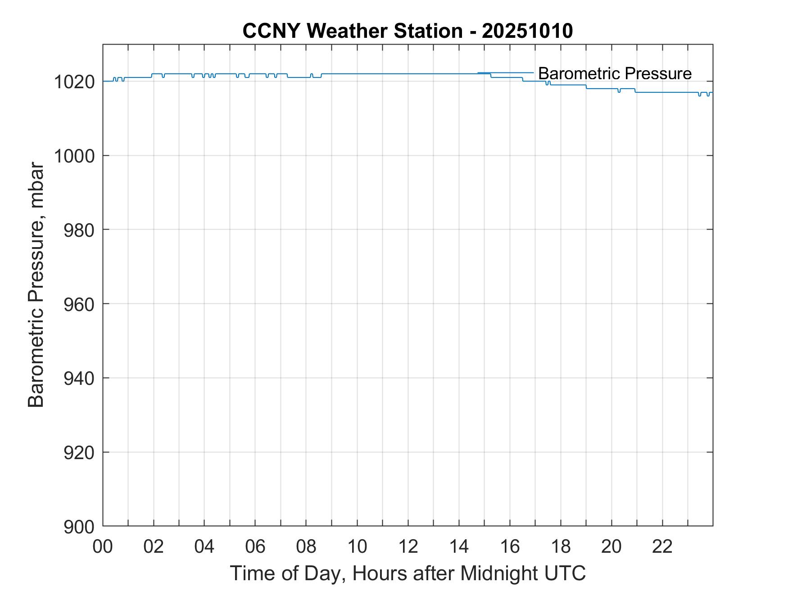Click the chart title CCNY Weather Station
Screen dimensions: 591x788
[x=352, y=31]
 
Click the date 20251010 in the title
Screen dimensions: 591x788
[x=527, y=31]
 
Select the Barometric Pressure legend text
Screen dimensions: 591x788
[x=615, y=73]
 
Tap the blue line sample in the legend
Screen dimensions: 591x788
[x=505, y=73]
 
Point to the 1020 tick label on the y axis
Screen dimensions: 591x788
[x=74, y=82]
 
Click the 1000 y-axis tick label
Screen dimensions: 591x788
[x=74, y=156]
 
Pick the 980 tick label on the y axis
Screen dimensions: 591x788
[x=79, y=230]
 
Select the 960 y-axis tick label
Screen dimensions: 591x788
[x=79, y=304]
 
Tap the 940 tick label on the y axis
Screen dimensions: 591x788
[x=79, y=379]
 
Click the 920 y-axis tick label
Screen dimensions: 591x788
[x=79, y=452]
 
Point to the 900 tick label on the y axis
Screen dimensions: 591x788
[x=79, y=527]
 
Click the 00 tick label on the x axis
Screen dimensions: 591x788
[x=103, y=547]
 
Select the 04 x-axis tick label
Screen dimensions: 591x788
[x=204, y=547]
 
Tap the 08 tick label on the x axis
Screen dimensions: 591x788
[x=306, y=547]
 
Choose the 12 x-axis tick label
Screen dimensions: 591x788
[x=408, y=547]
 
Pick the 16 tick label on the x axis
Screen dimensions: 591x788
[x=510, y=547]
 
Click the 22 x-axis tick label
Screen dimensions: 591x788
[x=662, y=547]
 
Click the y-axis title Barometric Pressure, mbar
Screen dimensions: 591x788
[x=36, y=284]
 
